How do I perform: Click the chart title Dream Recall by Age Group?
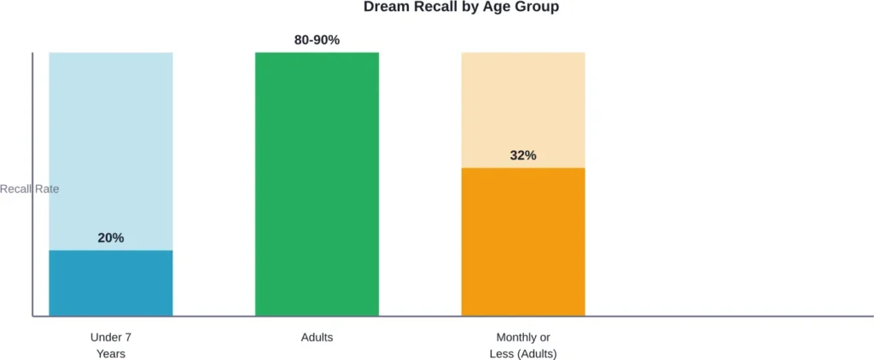[x=461, y=8]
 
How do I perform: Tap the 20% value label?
[x=111, y=238]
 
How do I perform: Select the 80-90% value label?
[x=317, y=40]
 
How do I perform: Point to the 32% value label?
[x=523, y=155]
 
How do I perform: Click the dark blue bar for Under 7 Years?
[x=111, y=283]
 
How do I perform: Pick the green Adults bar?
[x=317, y=183]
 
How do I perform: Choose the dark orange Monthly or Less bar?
[x=523, y=242]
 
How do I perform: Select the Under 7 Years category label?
[x=111, y=345]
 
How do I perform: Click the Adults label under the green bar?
[x=317, y=338]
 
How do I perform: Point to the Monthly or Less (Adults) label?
[x=523, y=345]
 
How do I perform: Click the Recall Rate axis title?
[x=30, y=189]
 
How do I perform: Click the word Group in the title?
[x=539, y=8]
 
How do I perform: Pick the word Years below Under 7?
[x=111, y=354]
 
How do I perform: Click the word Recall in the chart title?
[x=435, y=8]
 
